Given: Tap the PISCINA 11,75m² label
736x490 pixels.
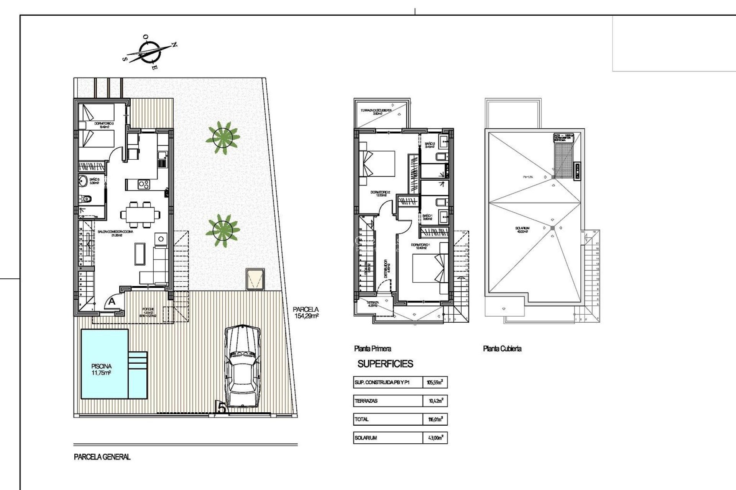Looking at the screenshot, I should pyautogui.click(x=101, y=369).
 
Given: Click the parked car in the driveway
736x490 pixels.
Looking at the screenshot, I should pyautogui.click(x=242, y=367).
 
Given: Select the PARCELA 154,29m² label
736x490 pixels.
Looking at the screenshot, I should pyautogui.click(x=306, y=312).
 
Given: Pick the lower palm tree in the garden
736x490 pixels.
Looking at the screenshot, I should pyautogui.click(x=223, y=230).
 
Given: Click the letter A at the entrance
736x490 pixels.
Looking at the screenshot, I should pyautogui.click(x=112, y=302).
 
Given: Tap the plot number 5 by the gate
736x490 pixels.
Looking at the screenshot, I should pyautogui.click(x=222, y=408).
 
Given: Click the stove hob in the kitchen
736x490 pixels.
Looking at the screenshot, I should pyautogui.click(x=144, y=185).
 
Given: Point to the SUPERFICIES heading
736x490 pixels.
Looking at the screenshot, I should pyautogui.click(x=385, y=364).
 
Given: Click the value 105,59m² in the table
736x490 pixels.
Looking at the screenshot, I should pyautogui.click(x=435, y=382).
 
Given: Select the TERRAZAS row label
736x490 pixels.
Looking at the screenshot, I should pyautogui.click(x=366, y=401).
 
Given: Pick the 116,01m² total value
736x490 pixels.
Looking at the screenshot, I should pyautogui.click(x=435, y=419).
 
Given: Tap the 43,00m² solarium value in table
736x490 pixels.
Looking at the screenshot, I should pyautogui.click(x=435, y=438).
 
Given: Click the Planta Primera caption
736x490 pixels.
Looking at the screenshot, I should pyautogui.click(x=373, y=348).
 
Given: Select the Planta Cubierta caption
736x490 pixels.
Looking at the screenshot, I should pyautogui.click(x=502, y=348).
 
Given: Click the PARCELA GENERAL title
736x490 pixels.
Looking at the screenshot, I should pyautogui.click(x=102, y=457).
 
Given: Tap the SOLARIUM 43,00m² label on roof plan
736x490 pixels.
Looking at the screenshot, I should pyautogui.click(x=523, y=230).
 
